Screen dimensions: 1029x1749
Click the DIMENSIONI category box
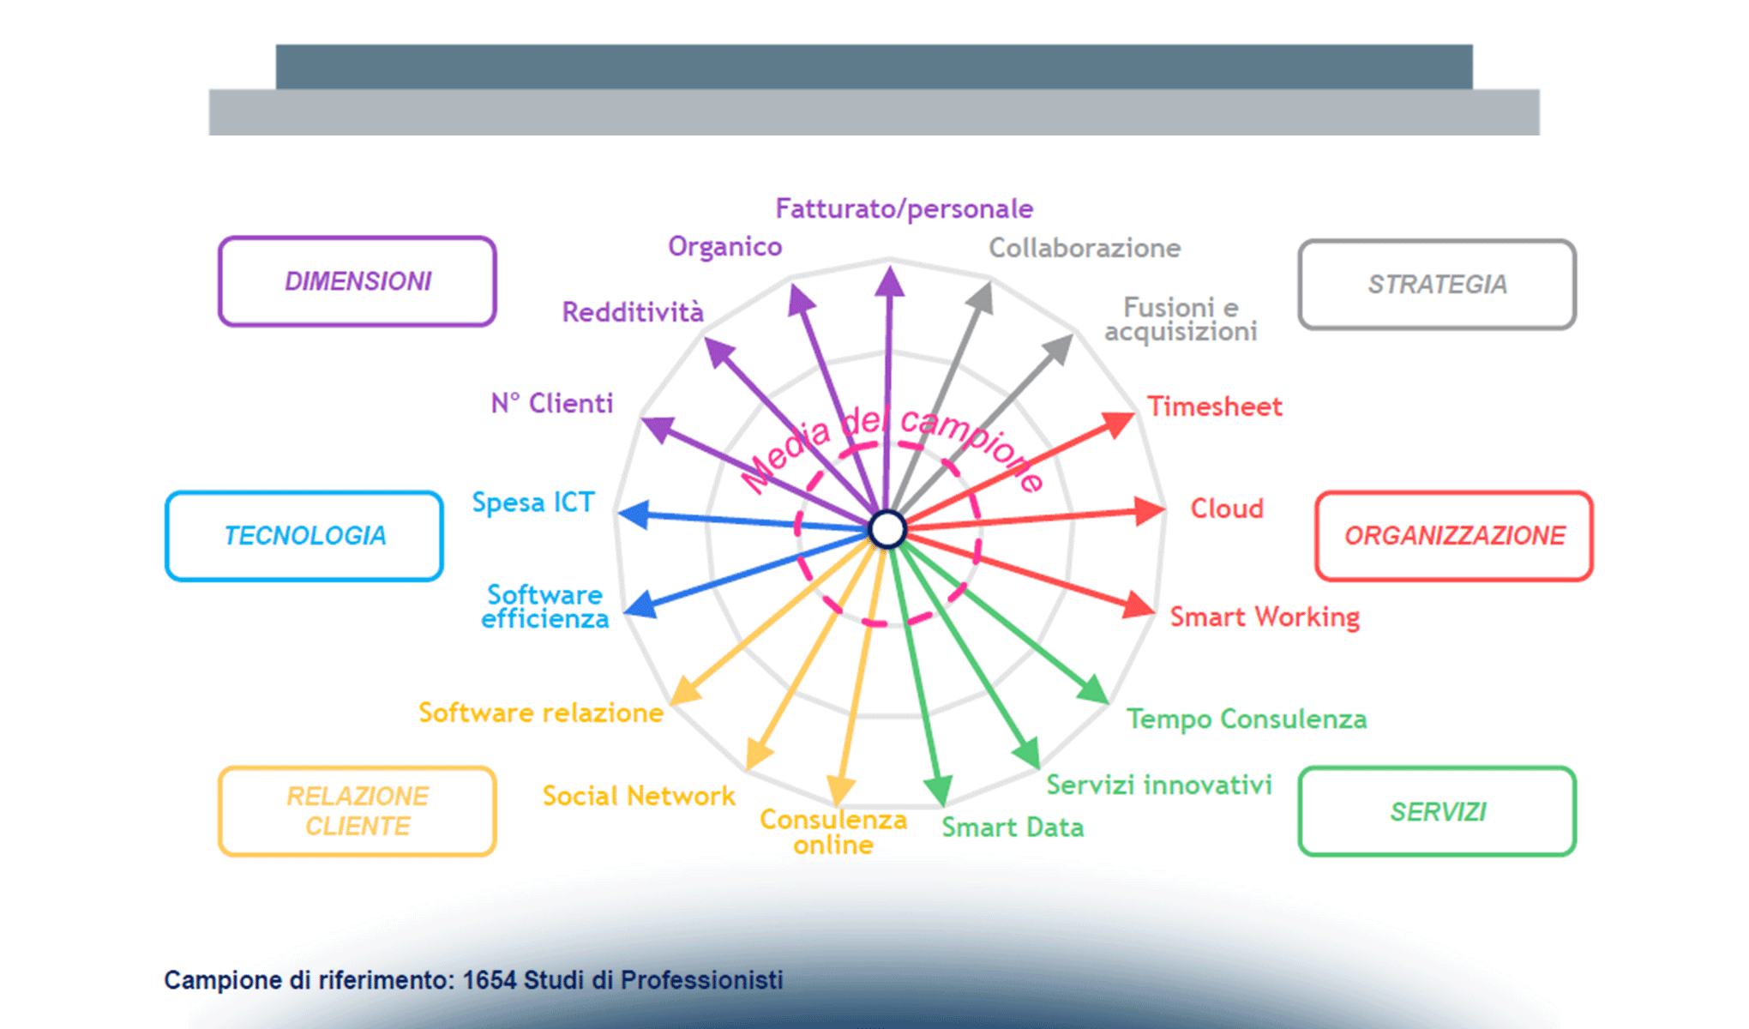click(358, 281)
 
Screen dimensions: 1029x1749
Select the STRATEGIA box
click(1437, 285)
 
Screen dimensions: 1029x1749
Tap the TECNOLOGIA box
click(304, 536)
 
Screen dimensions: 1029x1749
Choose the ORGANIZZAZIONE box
click(1454, 536)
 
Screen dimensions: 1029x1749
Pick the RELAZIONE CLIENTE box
click(358, 811)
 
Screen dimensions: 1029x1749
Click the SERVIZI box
click(1437, 811)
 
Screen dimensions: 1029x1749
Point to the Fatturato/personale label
click(904, 208)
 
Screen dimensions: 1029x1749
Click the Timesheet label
click(1215, 406)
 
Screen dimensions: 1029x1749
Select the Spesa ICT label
click(533, 502)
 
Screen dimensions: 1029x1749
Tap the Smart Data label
click(1013, 827)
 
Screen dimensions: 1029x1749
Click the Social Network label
click(639, 796)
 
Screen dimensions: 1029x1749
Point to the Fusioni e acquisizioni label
click(1181, 319)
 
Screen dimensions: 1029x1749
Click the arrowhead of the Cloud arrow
click(1150, 510)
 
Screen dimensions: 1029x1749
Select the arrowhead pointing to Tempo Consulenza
click(1094, 690)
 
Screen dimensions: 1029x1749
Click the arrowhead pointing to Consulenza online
click(840, 789)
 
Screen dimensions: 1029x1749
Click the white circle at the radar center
click(887, 529)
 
